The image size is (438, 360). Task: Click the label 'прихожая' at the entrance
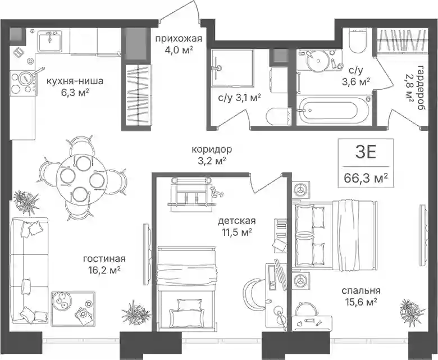(x=178, y=39)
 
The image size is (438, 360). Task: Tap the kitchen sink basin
(x=49, y=41)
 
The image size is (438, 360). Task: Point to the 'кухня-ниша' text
(x=75, y=81)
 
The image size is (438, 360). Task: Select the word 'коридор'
(x=212, y=150)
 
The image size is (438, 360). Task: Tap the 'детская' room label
(x=237, y=221)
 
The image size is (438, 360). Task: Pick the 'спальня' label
(x=361, y=290)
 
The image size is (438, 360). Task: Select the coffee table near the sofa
(x=73, y=308)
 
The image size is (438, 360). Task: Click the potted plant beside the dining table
(x=26, y=201)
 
